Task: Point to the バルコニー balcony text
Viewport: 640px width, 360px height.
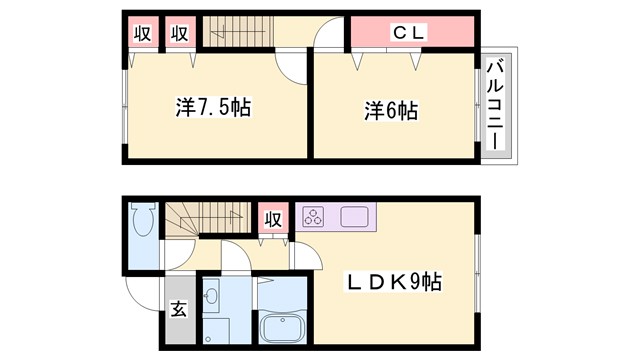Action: tap(495, 104)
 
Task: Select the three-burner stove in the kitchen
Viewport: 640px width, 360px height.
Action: tap(314, 216)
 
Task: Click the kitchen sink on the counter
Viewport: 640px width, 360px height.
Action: tap(355, 216)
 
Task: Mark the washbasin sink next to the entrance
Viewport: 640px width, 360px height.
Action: tap(211, 297)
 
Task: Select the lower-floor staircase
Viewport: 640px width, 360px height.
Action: tap(204, 215)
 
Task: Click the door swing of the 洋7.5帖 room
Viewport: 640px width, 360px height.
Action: tap(293, 69)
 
